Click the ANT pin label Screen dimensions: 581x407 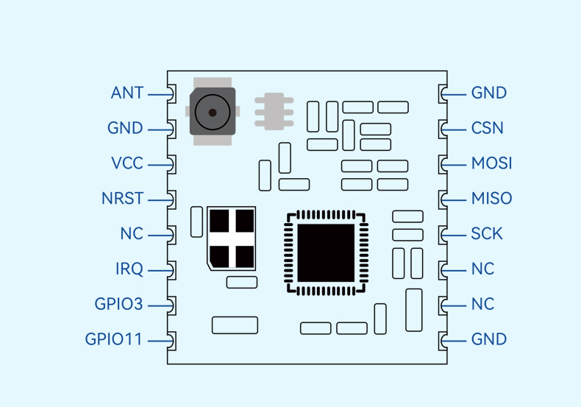(x=127, y=93)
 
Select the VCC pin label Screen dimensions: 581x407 (x=127, y=163)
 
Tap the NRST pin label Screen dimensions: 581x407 (x=122, y=198)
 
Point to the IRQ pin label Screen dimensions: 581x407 (x=129, y=269)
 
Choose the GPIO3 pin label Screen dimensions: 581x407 (x=118, y=304)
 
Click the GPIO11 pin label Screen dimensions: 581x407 (x=113, y=339)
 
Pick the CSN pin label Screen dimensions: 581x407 (x=488, y=128)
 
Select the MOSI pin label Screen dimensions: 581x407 (x=492, y=163)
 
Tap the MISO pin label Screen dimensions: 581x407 (x=492, y=198)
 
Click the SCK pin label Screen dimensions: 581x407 (x=487, y=233)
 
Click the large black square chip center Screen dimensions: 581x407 (x=326, y=252)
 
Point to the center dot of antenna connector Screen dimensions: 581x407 (x=213, y=113)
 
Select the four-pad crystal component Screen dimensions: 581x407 (x=232, y=238)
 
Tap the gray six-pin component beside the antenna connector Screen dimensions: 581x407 (x=274, y=112)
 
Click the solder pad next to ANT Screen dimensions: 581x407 (x=171, y=93)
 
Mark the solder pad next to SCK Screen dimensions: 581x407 (x=443, y=235)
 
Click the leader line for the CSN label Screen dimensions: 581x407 (x=455, y=130)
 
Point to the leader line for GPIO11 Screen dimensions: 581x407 (x=160, y=341)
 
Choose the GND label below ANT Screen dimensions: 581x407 (x=125, y=128)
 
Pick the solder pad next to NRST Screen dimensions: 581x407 (x=171, y=199)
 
